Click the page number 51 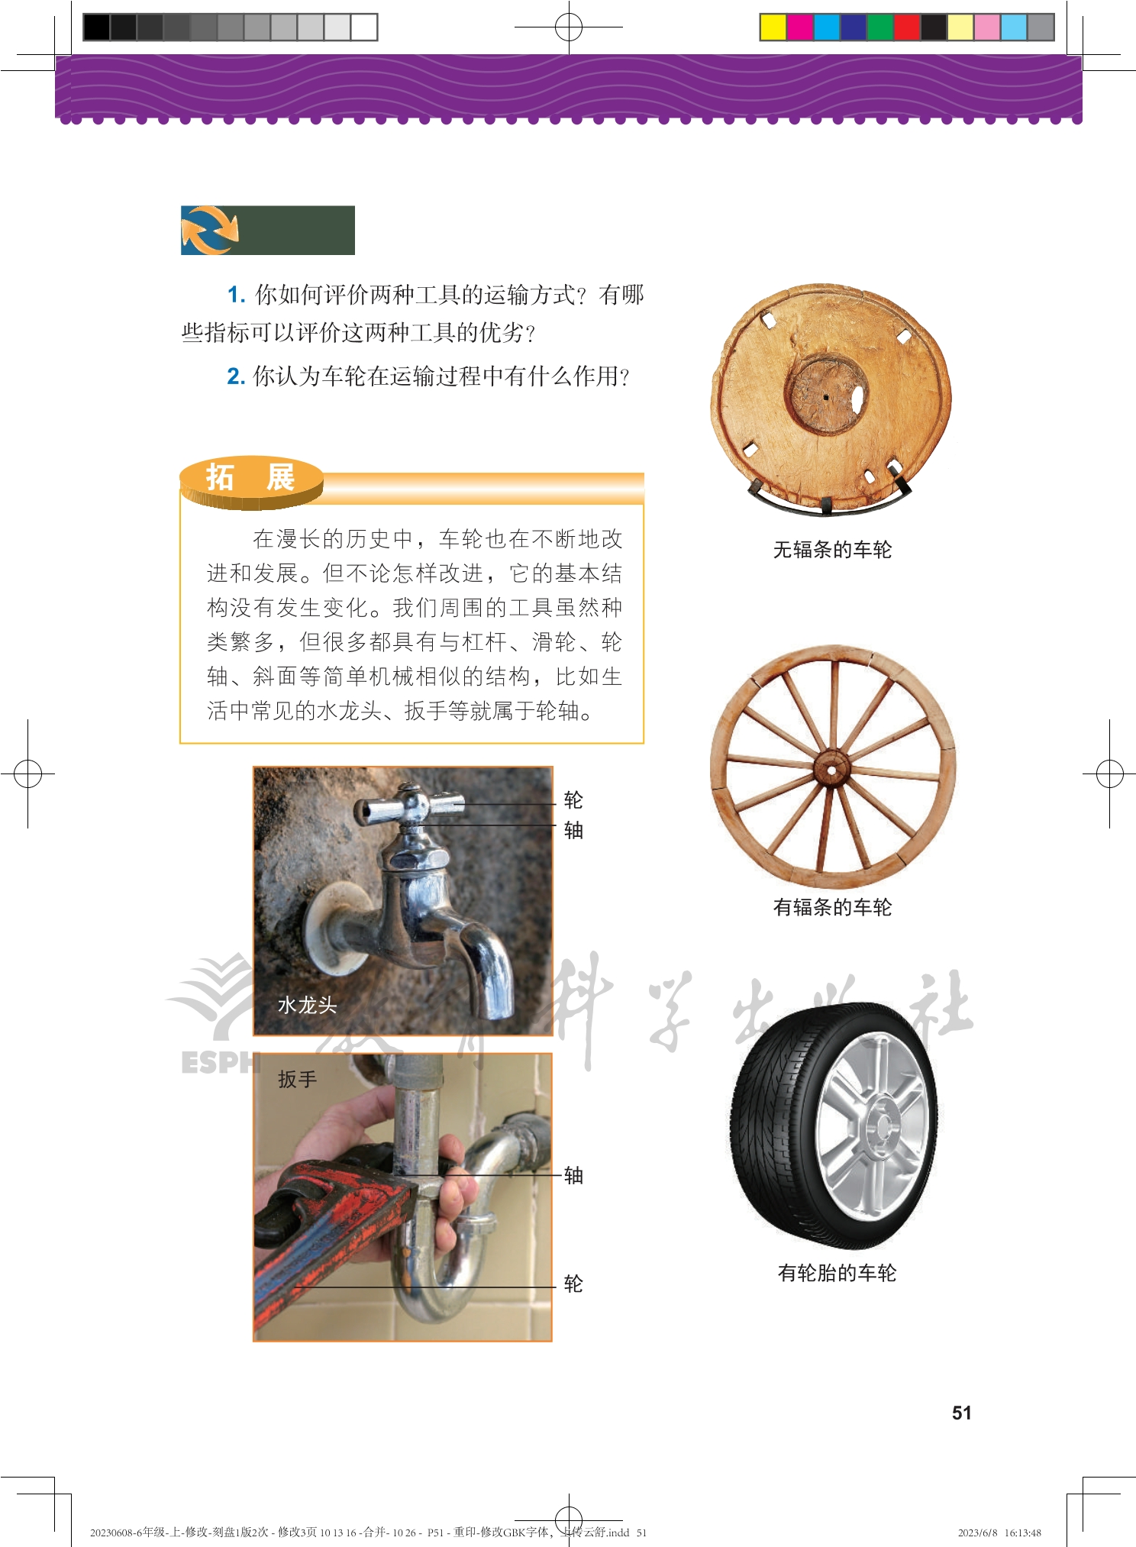click(x=961, y=1413)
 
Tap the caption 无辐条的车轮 click(x=832, y=550)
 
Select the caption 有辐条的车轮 click(x=832, y=907)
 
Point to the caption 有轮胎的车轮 click(x=837, y=1273)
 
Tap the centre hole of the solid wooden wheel click(x=826, y=397)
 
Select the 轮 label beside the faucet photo click(x=573, y=800)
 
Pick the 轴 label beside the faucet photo click(x=573, y=830)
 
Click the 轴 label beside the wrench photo click(x=573, y=1175)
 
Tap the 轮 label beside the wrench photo click(x=573, y=1284)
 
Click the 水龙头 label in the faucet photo click(x=307, y=1005)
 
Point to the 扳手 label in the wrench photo click(x=297, y=1079)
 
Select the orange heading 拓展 click(x=250, y=478)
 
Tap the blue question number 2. click(x=235, y=376)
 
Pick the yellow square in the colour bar click(x=773, y=27)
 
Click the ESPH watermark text click(x=221, y=1062)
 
